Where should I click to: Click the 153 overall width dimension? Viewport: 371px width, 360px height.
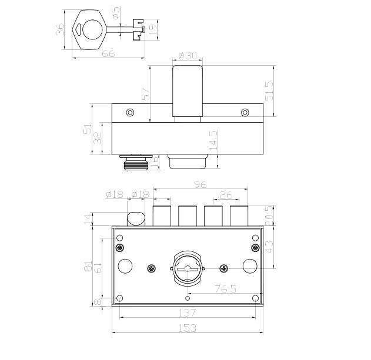coord(188,328)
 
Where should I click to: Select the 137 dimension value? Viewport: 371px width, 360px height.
coord(188,313)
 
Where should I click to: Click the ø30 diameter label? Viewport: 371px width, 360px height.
coord(187,56)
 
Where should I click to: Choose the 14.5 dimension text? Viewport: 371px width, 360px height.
coord(214,142)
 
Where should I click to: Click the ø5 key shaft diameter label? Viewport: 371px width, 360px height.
coord(116,12)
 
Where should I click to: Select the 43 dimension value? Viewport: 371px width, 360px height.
coord(270,247)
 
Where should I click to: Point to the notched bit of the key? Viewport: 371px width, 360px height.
coord(138,28)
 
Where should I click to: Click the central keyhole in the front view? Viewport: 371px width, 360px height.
coord(187,267)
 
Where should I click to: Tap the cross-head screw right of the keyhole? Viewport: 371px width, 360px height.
coord(223,268)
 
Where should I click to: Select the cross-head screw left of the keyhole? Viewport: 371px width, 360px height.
coord(151,268)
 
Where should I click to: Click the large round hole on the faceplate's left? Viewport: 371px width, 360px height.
coord(125,265)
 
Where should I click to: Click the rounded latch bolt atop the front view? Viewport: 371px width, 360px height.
coord(135,218)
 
